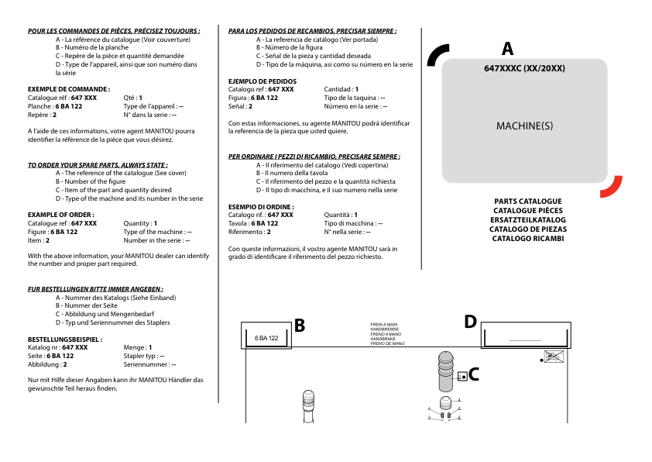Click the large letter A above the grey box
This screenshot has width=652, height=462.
click(x=507, y=49)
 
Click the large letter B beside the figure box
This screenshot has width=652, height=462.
click(x=299, y=326)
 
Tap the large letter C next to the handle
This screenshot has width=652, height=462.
click(x=474, y=375)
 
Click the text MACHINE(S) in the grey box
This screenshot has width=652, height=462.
click(x=524, y=125)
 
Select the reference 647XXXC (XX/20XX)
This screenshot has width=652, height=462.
click(x=524, y=68)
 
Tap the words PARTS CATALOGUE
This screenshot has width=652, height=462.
click(x=527, y=202)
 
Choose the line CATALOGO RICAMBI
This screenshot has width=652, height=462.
click(x=527, y=239)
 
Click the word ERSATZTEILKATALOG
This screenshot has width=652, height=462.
click(x=527, y=220)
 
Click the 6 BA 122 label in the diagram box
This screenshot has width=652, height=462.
click(x=266, y=338)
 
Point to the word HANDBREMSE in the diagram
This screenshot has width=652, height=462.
click(x=384, y=329)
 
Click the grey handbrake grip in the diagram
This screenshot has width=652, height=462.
click(x=445, y=371)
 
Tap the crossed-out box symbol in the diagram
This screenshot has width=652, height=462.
click(x=554, y=357)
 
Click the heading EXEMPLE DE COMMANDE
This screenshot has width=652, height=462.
click(x=68, y=89)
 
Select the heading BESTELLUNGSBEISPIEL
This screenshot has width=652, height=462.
click(x=64, y=340)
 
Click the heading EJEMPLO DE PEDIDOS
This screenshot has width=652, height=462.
click(x=262, y=81)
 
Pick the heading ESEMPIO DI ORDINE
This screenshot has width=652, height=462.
click(x=260, y=206)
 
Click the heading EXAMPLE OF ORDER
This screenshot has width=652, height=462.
click(x=61, y=215)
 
